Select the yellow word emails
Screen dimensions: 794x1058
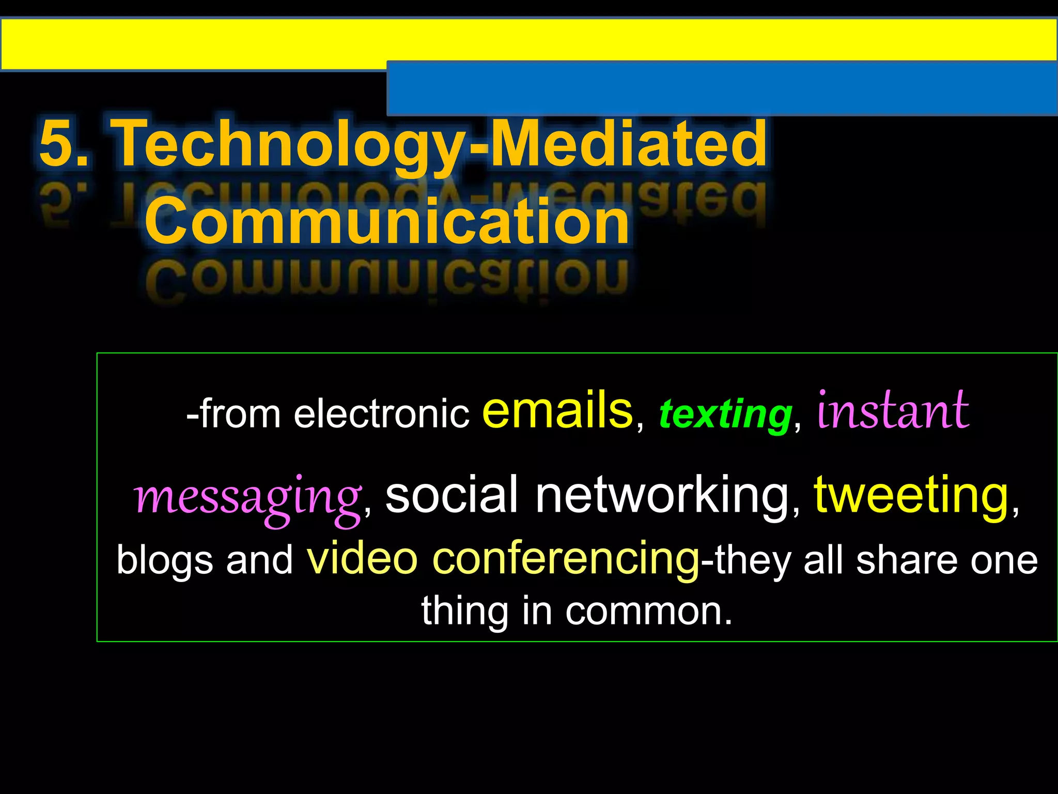pos(557,410)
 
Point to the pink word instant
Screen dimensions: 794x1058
pos(893,410)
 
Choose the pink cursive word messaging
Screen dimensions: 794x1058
pos(247,497)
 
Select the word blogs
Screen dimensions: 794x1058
pos(164,560)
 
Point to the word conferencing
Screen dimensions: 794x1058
pos(566,560)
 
